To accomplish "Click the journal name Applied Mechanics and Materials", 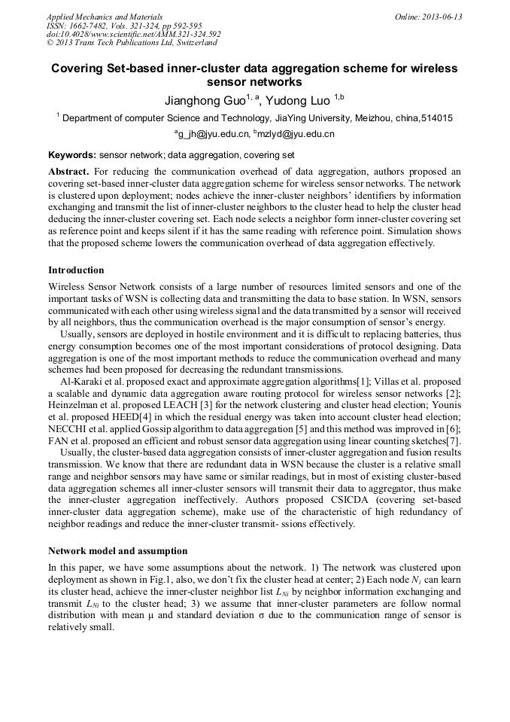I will coord(105,17).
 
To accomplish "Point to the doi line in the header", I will coord(133,34).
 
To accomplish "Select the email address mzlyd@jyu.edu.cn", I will coord(296,134).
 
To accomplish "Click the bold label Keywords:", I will coord(72,155).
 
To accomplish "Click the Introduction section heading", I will coord(76,270).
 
